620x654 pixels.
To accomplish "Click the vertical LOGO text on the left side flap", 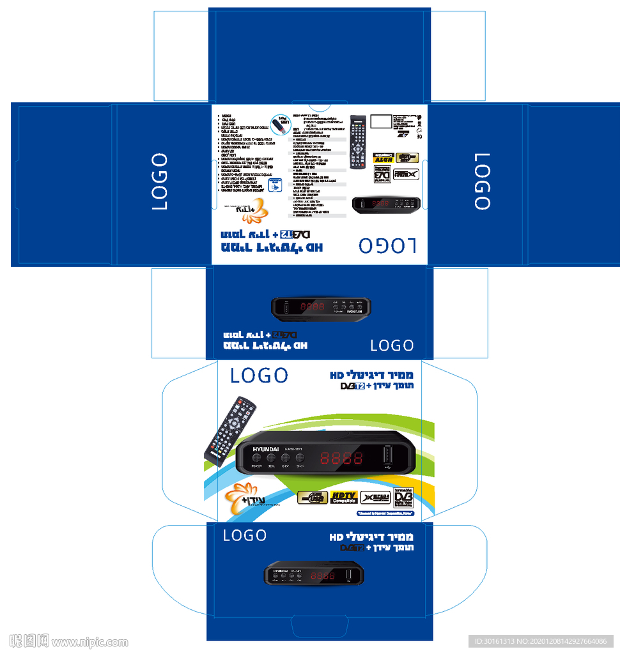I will [160, 181].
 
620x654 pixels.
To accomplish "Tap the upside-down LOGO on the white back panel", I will [387, 246].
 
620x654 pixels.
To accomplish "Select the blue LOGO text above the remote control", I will [259, 376].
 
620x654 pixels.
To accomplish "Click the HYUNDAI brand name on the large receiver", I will [266, 450].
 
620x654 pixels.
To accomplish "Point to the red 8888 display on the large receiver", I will [341, 458].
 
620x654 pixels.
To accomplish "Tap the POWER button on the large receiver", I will [257, 458].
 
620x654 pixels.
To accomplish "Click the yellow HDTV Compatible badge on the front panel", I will [344, 498].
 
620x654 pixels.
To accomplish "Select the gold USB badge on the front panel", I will [313, 498].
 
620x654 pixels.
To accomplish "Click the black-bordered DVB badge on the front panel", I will [403, 498].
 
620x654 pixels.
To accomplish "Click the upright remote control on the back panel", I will [357, 142].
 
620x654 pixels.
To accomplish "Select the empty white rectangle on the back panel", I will [382, 122].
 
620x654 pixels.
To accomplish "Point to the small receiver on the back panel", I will [387, 204].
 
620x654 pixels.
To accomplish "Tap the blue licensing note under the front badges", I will [385, 513].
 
